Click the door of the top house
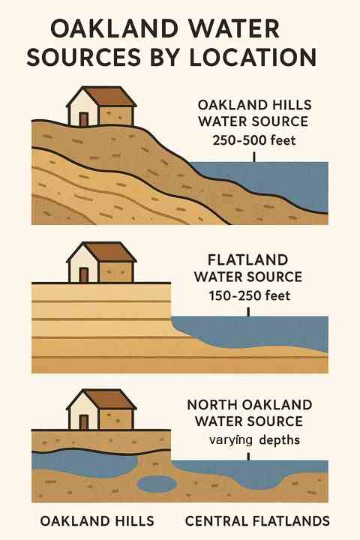point(83,118)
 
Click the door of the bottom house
point(83,421)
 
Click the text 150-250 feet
point(248,295)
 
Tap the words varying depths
point(254,440)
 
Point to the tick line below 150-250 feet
point(248,310)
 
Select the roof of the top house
point(112,97)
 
